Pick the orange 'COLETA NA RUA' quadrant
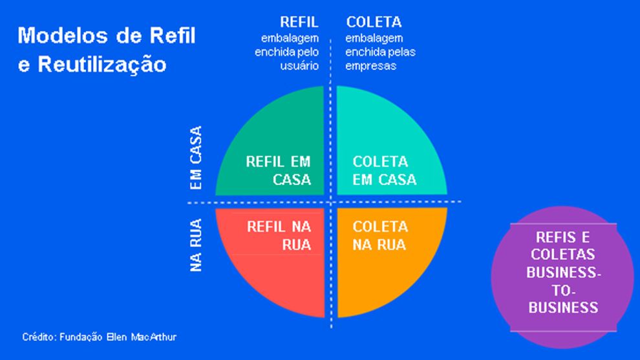tap(388, 259)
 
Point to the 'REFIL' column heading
tap(299, 22)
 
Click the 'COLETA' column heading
tap(374, 22)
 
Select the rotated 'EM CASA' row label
tap(197, 158)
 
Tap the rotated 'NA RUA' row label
tap(197, 246)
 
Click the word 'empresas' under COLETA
tap(370, 66)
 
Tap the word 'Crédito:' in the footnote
tap(39, 337)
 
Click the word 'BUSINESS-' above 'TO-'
tap(563, 273)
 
